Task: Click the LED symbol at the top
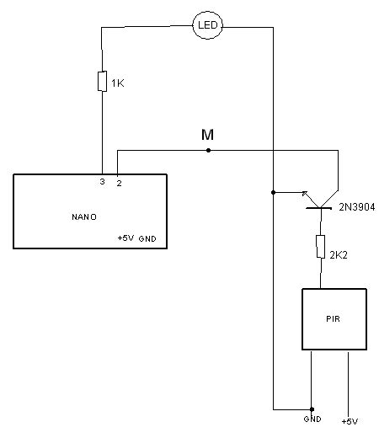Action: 207,25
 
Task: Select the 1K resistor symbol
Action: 102,82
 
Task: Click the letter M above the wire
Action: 207,135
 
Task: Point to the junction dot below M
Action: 207,150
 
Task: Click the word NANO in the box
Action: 84,216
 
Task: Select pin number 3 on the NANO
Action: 102,182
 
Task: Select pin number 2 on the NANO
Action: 118,182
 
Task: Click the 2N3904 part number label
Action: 357,207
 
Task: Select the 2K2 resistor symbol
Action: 321,246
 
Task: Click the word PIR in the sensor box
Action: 334,319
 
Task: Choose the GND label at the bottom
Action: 312,419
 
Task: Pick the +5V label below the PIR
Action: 350,421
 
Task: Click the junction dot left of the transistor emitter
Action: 273,192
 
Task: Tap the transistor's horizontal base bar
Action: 321,207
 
